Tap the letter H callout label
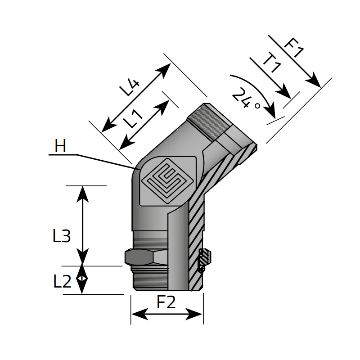[x=60, y=146]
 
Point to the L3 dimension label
[x=62, y=236]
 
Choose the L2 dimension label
[x=62, y=282]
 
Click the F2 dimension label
[x=166, y=303]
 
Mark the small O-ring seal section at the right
[x=204, y=260]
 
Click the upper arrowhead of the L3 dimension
[x=82, y=190]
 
